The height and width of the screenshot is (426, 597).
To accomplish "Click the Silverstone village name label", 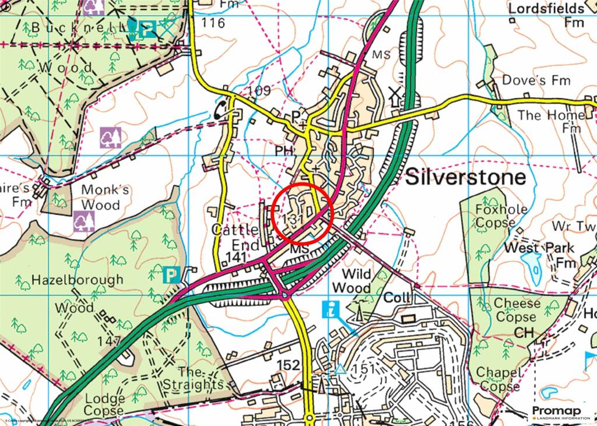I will point(465,177).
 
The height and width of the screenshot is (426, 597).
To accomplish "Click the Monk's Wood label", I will point(100,197).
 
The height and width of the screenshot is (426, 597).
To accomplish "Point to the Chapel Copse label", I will point(500,379).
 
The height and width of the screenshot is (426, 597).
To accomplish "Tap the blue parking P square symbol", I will point(171,274).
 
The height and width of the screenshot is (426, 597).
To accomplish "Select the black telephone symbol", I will point(222,110).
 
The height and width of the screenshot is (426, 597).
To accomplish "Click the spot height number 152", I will point(288,365).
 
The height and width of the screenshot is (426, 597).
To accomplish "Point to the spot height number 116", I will point(213,23).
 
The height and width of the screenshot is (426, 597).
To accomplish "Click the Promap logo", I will point(561,412).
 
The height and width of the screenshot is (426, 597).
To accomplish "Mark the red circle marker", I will point(303,213).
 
